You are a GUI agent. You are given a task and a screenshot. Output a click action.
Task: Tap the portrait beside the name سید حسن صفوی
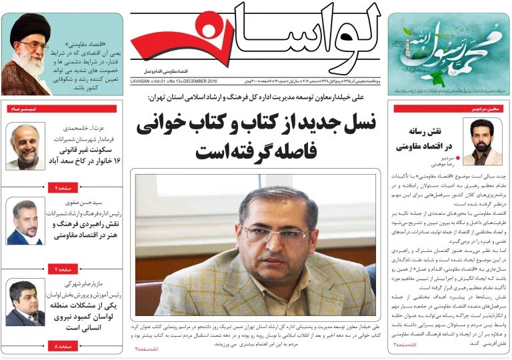(25, 222)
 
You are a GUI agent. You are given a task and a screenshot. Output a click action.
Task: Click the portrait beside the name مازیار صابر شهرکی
(25, 303)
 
